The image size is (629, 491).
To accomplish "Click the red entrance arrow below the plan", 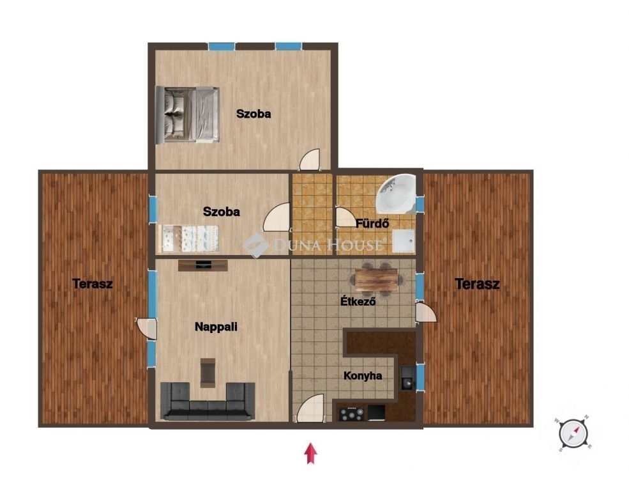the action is point(310,453).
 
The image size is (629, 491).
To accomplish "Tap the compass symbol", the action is point(573,433).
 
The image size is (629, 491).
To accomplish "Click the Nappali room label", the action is point(216,327).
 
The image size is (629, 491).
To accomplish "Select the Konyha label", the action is point(363,376).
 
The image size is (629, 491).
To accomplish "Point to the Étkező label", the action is point(358,301).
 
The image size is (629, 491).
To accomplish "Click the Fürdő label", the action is point(372,223).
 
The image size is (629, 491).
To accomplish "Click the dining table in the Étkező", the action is point(376,279).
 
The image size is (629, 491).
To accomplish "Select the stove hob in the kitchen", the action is point(351,413).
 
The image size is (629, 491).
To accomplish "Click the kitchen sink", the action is point(408,378).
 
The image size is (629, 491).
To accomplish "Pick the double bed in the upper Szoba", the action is point(188,114).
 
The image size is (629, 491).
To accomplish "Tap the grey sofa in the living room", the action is point(208,401).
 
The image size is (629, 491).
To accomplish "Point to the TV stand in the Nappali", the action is point(203,265).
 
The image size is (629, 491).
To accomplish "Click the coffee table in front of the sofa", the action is point(208,373).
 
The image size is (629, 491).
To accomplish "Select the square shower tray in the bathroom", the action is point(404,241).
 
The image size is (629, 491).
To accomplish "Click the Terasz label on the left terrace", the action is point(93,284).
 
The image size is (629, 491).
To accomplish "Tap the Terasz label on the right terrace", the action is point(478,284).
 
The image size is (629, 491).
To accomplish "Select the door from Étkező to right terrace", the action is point(425,312).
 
